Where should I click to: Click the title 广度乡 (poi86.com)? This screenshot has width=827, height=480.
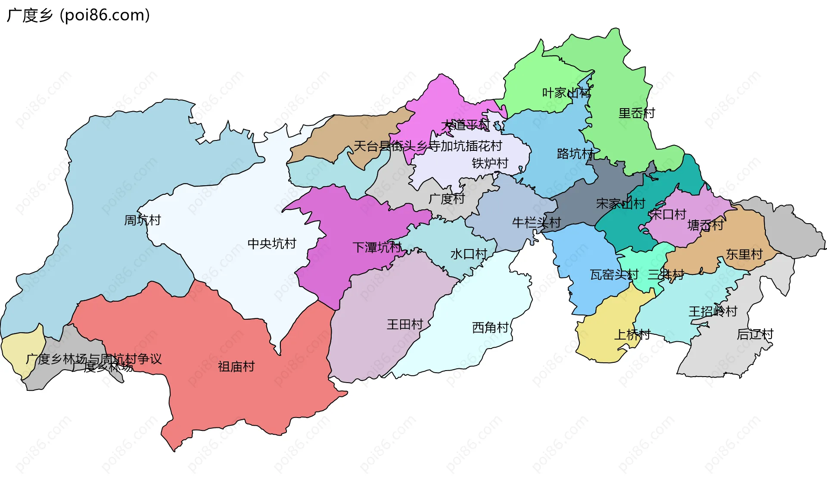click(x=78, y=16)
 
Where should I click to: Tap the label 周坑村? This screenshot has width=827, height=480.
click(x=142, y=220)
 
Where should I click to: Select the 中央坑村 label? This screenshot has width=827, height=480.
click(x=272, y=244)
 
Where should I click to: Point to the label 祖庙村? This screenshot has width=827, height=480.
click(x=236, y=367)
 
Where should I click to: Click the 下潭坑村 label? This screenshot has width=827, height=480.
click(x=377, y=247)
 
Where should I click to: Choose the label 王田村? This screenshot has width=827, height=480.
click(x=405, y=324)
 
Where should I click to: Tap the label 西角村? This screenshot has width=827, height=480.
click(x=490, y=328)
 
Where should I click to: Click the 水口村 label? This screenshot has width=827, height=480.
click(x=469, y=254)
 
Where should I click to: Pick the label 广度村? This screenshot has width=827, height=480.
click(x=447, y=199)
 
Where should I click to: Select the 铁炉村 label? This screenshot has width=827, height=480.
click(x=490, y=163)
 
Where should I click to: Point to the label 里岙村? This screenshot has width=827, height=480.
click(x=637, y=113)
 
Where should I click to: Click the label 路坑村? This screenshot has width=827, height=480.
click(x=575, y=154)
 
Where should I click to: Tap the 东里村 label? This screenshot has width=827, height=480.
click(x=744, y=254)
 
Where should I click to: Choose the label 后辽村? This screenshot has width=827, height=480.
click(x=755, y=334)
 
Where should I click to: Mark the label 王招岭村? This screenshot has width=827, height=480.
click(x=713, y=312)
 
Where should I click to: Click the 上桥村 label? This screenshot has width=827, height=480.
click(x=632, y=334)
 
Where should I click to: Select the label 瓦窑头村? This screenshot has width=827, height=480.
click(x=614, y=274)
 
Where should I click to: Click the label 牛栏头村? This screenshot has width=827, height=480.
click(x=536, y=223)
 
